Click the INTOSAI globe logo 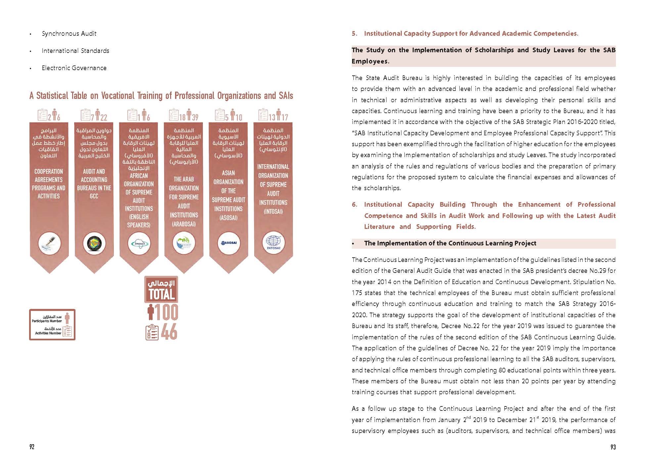[273, 243]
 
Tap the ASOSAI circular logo [228, 243]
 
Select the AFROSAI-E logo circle [139, 243]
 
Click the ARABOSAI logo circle [184, 243]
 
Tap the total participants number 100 [166, 312]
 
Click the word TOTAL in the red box [161, 294]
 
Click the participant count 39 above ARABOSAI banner [195, 117]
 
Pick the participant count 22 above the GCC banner [104, 117]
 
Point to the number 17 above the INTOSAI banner [285, 117]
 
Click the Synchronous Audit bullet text [69, 33]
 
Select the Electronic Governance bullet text [74, 68]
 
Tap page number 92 [32, 447]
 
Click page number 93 [613, 447]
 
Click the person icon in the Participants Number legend [68, 318]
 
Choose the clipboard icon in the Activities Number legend [68, 331]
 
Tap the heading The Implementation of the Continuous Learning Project [450, 243]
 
